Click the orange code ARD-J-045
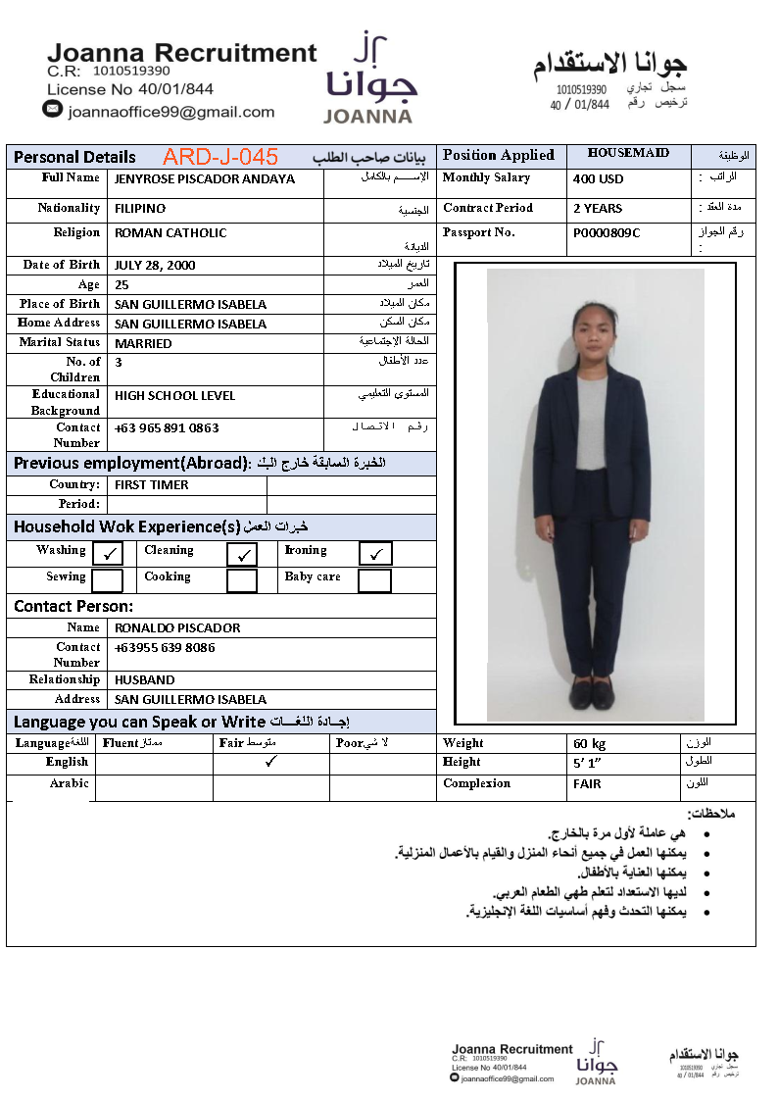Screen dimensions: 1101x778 pos(220,157)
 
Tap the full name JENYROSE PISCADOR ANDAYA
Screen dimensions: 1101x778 pos(204,179)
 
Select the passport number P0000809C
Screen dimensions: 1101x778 pos(607,233)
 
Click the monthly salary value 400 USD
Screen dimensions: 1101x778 pos(598,179)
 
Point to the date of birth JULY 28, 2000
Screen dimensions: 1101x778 pos(155,266)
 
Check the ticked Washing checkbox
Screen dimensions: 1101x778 pos(108,554)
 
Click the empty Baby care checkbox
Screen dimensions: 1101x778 pos(374,580)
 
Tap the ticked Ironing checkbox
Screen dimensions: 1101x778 pos(374,554)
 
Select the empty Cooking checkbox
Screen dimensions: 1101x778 pos(242,580)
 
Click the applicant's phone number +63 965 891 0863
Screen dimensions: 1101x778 pos(167,428)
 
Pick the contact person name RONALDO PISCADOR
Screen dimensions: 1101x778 pos(177,627)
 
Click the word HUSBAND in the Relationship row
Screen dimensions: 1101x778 pos(144,679)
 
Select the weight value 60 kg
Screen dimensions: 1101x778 pos(590,744)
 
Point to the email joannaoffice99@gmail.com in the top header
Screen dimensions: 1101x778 pos(171,112)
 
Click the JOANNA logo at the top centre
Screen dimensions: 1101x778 pos(368,78)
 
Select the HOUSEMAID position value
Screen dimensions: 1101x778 pos(628,153)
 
